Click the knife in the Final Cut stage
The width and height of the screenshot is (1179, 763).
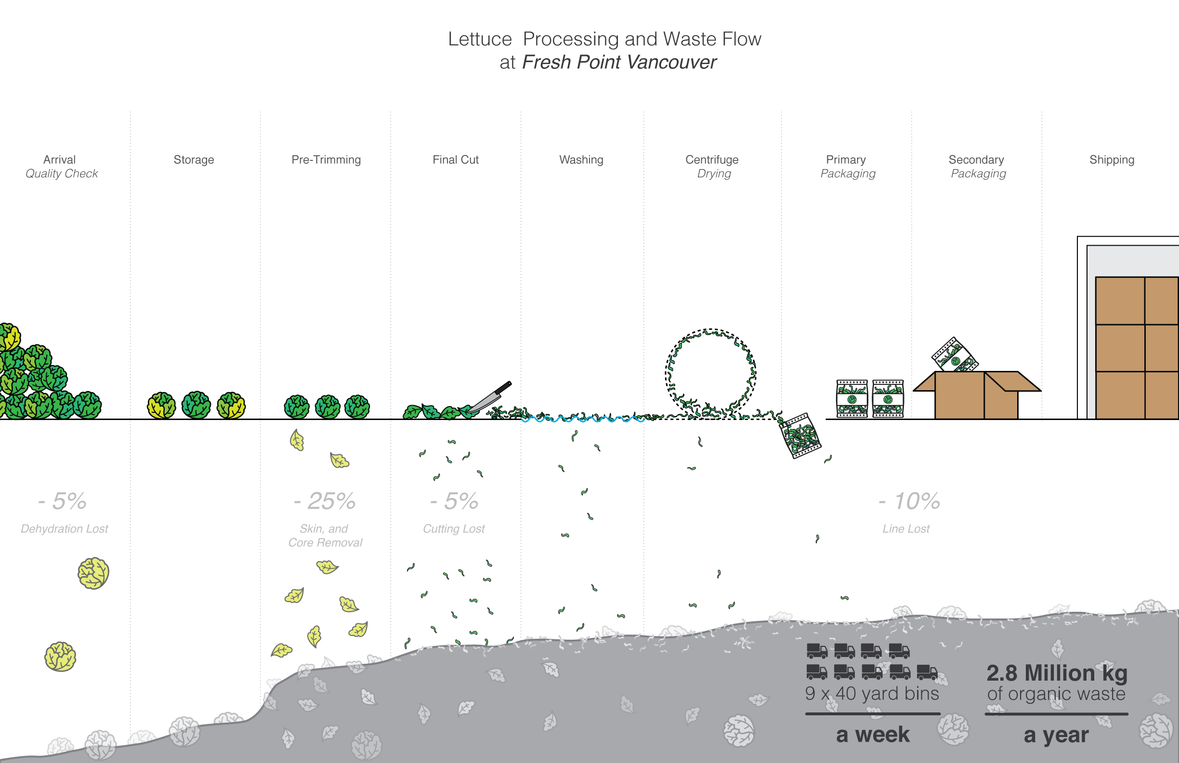tap(490, 397)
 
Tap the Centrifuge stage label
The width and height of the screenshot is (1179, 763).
tap(712, 159)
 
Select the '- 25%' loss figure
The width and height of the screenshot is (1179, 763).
tap(325, 501)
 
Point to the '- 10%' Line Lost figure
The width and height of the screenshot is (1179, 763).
tap(909, 501)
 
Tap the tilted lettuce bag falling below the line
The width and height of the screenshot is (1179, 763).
tap(800, 436)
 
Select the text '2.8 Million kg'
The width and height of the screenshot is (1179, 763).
tap(1057, 673)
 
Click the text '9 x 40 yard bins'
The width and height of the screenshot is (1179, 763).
tap(872, 694)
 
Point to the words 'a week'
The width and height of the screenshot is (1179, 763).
tap(873, 734)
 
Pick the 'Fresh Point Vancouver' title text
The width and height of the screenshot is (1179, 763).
tap(619, 63)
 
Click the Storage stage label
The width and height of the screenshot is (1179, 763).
tap(194, 159)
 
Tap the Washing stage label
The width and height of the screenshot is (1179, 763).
tap(581, 159)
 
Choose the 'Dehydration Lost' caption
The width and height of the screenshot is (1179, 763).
tap(65, 528)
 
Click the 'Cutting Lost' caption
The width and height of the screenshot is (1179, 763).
tap(454, 528)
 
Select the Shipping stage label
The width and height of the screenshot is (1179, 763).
tap(1112, 159)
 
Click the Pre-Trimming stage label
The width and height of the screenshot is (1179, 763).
tap(326, 159)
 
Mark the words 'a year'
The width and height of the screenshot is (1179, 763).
tap(1056, 735)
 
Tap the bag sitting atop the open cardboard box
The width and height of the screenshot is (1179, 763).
tap(954, 355)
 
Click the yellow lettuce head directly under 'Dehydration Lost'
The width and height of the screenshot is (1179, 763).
tap(93, 573)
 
